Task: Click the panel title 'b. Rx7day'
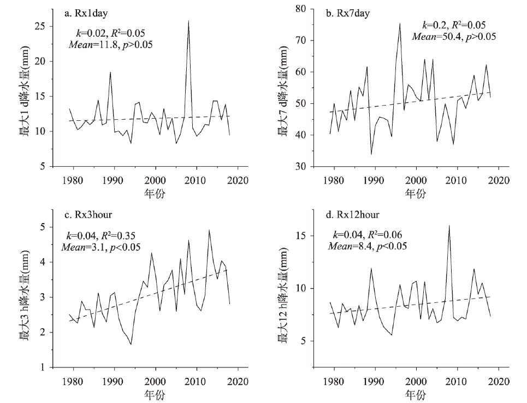tap(348, 13)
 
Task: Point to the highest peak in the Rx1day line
tap(188, 21)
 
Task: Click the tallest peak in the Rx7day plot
tap(400, 24)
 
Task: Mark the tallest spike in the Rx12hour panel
tap(449, 225)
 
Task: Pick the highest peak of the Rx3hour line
tap(209, 230)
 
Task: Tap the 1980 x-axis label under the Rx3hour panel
tap(73, 381)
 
